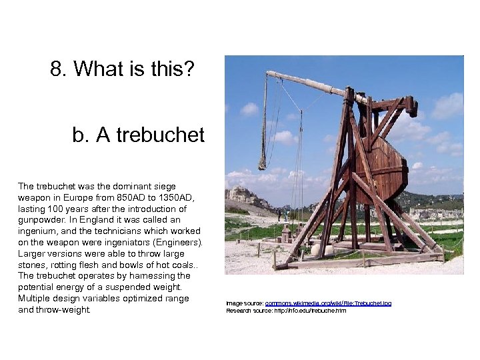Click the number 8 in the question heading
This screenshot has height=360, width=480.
pyautogui.click(x=57, y=69)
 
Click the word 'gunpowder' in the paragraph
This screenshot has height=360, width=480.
pyautogui.click(x=42, y=220)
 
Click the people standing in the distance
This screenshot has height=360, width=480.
pyautogui.click(x=281, y=215)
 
